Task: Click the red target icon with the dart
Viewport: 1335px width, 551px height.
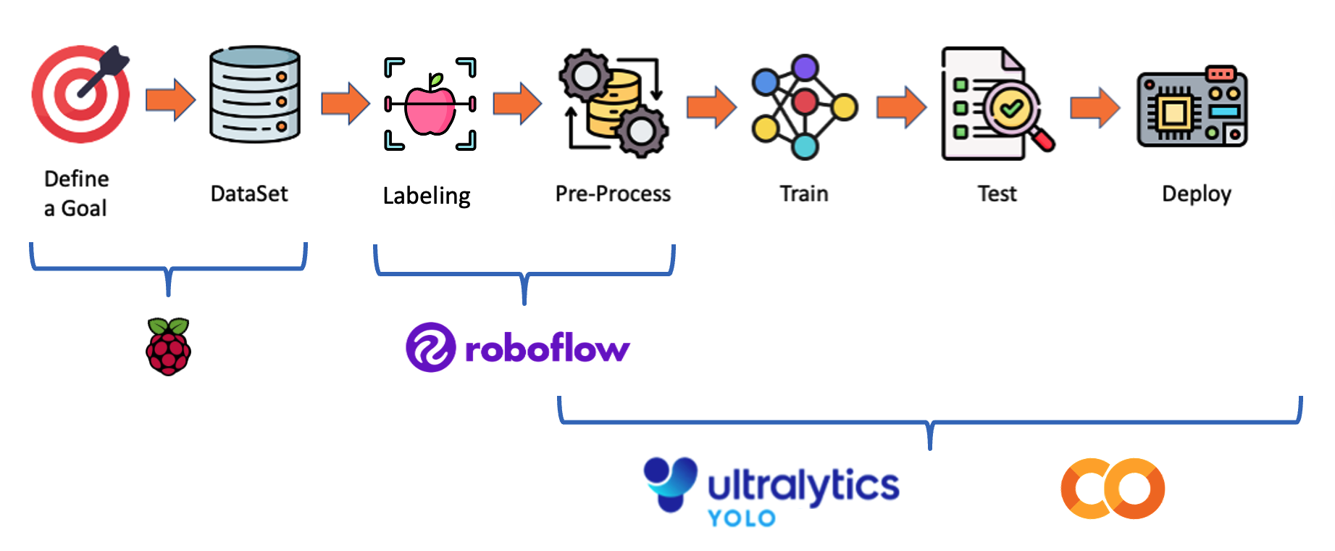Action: pos(80,94)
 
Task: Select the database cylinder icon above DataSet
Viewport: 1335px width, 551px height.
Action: pos(254,94)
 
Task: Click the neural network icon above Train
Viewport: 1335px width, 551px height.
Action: pos(804,106)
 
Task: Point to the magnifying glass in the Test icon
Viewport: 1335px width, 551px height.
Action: pos(1014,112)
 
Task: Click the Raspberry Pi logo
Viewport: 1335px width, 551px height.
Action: pos(168,347)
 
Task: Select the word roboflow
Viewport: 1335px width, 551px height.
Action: pos(547,349)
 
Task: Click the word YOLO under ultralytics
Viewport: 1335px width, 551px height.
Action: pos(742,518)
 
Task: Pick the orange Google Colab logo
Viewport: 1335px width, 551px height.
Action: pos(1113,489)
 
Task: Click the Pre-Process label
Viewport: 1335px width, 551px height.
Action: pos(613,194)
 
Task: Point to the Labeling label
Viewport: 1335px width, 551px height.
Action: pos(427,196)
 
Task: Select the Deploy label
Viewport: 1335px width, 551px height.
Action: pos(1197,194)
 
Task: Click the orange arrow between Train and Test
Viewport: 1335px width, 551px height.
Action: pos(900,107)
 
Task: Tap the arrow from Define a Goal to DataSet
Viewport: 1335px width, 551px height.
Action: pos(170,99)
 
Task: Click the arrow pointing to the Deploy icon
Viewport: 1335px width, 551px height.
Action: pos(1095,107)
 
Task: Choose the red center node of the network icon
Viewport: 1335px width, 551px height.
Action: pos(805,102)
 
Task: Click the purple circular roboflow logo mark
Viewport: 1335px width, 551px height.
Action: pos(430,347)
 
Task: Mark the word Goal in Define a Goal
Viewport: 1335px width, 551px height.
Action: pos(84,209)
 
